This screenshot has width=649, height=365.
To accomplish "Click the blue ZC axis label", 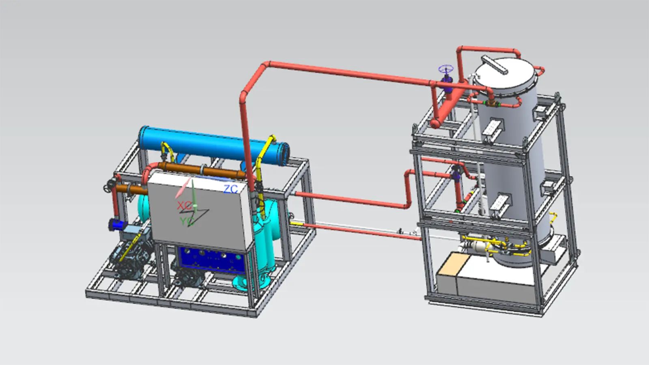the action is [231, 189].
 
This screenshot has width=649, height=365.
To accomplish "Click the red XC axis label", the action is [184, 206].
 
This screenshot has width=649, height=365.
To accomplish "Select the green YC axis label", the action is [187, 221].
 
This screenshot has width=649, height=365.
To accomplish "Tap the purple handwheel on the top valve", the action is [446, 69].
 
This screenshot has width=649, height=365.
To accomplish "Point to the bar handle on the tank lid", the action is [494, 65].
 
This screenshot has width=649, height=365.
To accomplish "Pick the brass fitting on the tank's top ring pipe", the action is [490, 103].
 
